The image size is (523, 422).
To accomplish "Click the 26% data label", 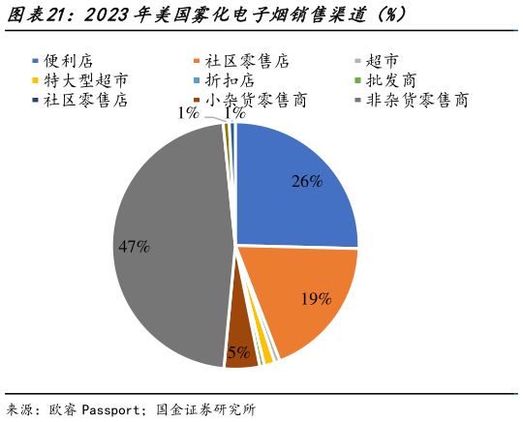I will pyautogui.click(x=307, y=181).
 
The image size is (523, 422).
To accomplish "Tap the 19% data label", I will pyautogui.click(x=316, y=299).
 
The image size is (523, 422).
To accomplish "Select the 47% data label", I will pyautogui.click(x=134, y=247).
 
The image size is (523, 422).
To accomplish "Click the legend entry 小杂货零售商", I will pyautogui.click(x=250, y=100).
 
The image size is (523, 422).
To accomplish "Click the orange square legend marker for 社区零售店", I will pyautogui.click(x=196, y=61).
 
